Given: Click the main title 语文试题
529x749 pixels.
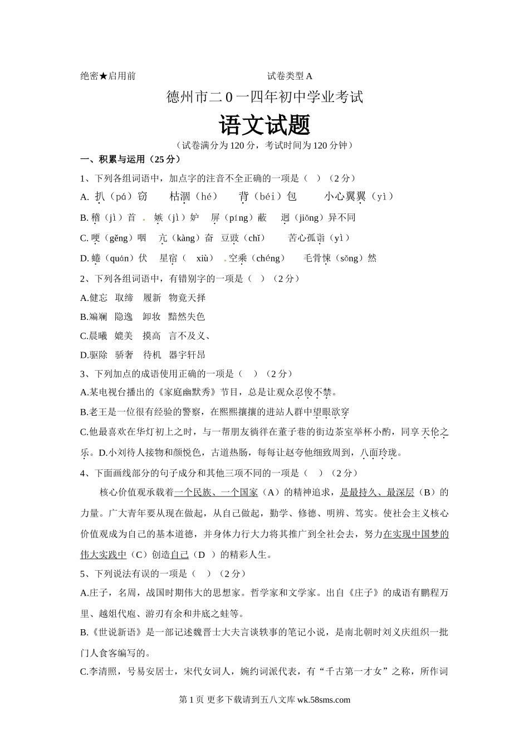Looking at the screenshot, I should pyautogui.click(x=264, y=125).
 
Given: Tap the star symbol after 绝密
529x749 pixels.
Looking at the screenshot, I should pyautogui.click(x=103, y=76).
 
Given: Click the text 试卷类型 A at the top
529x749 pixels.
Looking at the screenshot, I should pyautogui.click(x=290, y=76).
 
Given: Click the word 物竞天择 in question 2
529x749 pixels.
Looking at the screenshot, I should pyautogui.click(x=187, y=298).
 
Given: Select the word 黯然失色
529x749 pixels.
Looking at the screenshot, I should pyautogui.click(x=187, y=317).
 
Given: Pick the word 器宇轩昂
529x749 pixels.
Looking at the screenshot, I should pyautogui.click(x=187, y=354).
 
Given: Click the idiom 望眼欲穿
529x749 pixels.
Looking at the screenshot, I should pyautogui.click(x=331, y=412).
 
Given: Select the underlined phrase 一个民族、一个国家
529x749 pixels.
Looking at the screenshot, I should pyautogui.click(x=216, y=492).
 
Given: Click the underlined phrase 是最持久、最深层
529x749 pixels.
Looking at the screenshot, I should pyautogui.click(x=377, y=492).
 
